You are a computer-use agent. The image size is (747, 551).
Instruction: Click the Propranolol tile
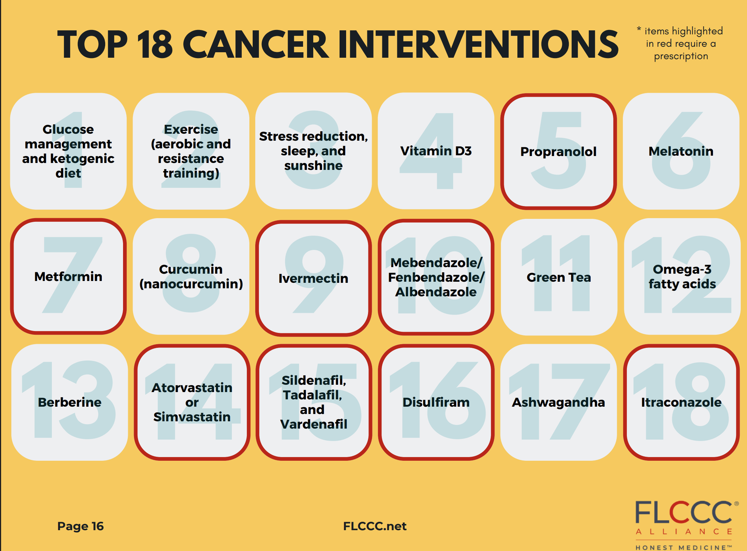point(559,151)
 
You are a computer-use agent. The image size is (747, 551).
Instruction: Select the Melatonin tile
point(681,151)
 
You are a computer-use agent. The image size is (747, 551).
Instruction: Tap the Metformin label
point(68,277)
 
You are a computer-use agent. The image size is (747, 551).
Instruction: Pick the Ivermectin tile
point(314,278)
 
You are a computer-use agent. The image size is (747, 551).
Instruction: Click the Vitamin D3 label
point(436,151)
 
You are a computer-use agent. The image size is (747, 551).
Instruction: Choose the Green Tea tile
point(559,277)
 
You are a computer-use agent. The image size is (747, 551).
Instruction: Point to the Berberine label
point(70,402)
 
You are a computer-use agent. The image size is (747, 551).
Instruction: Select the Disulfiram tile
point(436,402)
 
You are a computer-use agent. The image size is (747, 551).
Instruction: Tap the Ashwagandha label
point(559,402)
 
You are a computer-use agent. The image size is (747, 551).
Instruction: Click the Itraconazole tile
point(682,402)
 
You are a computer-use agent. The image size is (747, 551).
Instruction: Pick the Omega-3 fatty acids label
point(682,277)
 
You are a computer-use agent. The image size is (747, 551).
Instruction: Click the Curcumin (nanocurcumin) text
point(191,277)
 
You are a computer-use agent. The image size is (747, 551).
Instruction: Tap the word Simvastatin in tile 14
point(192,417)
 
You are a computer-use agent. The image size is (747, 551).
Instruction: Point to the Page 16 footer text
point(81,526)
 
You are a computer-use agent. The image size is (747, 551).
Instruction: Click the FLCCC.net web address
point(375,526)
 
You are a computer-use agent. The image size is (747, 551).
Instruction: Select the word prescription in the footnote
point(681,56)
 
